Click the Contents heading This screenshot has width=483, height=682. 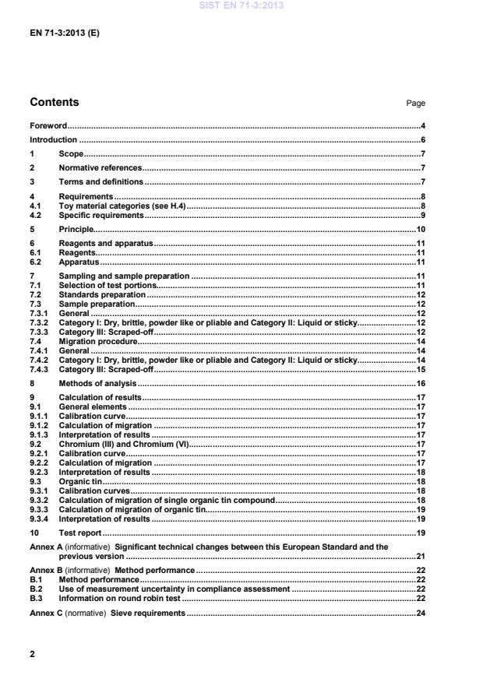pos(54,103)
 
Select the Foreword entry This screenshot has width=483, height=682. pos(48,125)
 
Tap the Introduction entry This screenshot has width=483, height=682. pos(53,140)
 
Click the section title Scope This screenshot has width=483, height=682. pos(71,154)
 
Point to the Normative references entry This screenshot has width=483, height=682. pos(100,167)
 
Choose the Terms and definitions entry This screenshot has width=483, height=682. pos(101,181)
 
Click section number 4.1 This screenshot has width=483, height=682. pos(35,206)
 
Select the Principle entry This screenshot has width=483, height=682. pos(76,230)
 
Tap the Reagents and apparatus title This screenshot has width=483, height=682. pos(106,244)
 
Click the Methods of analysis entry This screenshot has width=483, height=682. pos(97,384)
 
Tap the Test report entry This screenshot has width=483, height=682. pos(80,533)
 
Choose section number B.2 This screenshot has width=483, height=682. pos(35,590)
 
